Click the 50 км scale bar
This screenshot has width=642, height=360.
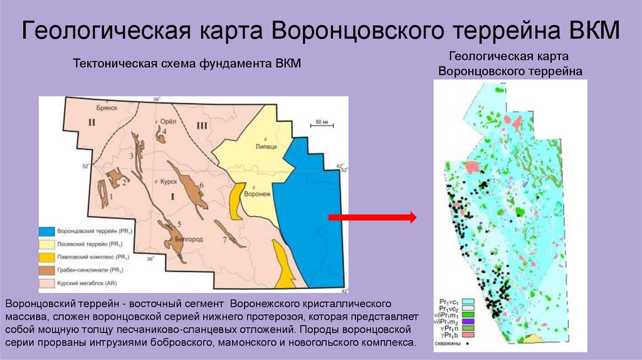pos(322,124)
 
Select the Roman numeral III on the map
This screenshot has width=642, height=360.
pos(201,126)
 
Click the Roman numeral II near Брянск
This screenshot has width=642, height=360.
pos(91,122)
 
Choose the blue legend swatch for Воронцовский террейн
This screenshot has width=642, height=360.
pos(47,231)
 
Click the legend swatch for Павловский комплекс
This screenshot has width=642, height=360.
pos(47,257)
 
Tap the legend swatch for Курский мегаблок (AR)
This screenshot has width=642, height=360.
pos(47,283)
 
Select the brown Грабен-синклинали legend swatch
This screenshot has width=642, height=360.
pos(47,270)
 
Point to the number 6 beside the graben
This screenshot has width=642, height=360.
pos(201,185)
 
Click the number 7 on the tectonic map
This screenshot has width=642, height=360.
pos(224,240)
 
